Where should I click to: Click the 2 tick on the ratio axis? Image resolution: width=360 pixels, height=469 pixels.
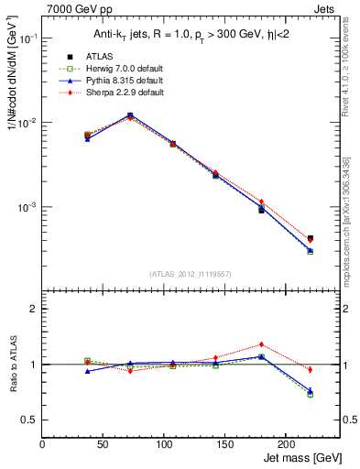point(35,309)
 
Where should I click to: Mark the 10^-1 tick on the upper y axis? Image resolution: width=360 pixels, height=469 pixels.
point(27,38)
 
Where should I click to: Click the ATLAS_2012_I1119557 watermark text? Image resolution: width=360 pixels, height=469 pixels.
point(191,275)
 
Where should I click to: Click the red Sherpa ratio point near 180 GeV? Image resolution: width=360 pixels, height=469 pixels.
point(261,344)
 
